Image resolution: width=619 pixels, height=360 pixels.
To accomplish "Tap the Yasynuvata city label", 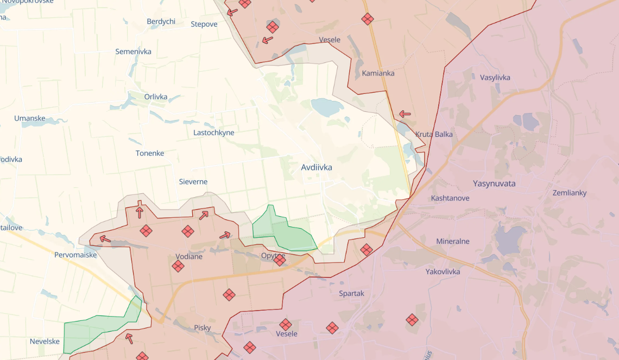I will pyautogui.click(x=494, y=184).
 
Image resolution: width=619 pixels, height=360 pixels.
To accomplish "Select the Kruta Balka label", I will pyautogui.click(x=434, y=134).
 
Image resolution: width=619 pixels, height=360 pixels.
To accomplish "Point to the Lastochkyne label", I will pyautogui.click(x=214, y=132).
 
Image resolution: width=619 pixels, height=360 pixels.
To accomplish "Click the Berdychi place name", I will pyautogui.click(x=161, y=22).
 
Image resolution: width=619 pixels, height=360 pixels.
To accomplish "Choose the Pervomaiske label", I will pyautogui.click(x=75, y=255).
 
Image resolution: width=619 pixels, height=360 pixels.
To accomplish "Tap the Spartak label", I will pyautogui.click(x=351, y=293).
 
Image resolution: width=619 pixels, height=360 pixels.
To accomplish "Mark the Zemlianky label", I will pyautogui.click(x=569, y=193).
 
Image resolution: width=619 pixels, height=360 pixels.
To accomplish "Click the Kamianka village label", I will pyautogui.click(x=378, y=73).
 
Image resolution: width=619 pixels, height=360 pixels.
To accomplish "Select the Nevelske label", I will pyautogui.click(x=45, y=341).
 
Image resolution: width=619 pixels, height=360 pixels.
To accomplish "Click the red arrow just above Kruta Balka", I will pyautogui.click(x=405, y=114).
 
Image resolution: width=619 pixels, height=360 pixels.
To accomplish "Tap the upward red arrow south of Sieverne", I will pyautogui.click(x=140, y=212).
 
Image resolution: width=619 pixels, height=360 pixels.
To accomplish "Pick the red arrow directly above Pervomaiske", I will pyautogui.click(x=105, y=239).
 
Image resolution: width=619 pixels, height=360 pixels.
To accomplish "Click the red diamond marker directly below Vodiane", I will pyautogui.click(x=178, y=266).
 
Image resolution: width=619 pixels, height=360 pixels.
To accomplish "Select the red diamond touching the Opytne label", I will pyautogui.click(x=280, y=260).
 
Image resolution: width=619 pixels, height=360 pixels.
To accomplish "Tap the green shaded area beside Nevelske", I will pyautogui.click(x=98, y=329).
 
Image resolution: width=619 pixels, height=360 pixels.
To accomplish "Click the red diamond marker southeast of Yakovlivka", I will pyautogui.click(x=412, y=320).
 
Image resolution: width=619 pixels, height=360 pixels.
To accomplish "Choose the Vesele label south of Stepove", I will pyautogui.click(x=330, y=40).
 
